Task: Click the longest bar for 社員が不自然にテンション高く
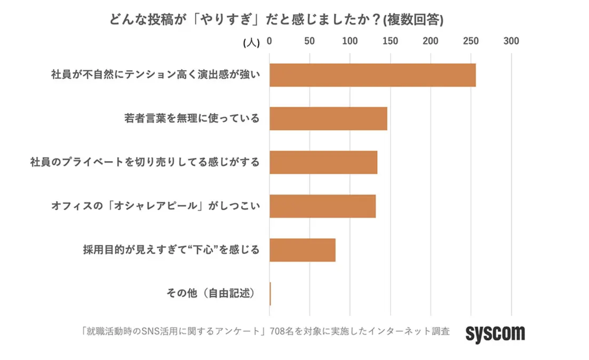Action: [x=372, y=75]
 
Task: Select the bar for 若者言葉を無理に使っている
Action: [x=328, y=119]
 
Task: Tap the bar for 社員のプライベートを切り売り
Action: [x=323, y=162]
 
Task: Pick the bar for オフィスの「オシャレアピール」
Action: [x=322, y=206]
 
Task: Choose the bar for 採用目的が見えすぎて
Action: [x=302, y=250]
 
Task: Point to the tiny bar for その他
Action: [x=270, y=294]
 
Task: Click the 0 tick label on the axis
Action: [x=269, y=41]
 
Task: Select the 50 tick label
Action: [x=310, y=41]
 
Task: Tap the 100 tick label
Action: [x=350, y=41]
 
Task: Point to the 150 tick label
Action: [x=390, y=41]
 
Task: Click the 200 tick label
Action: [x=431, y=41]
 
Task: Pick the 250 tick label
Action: [x=471, y=41]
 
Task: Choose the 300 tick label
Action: [x=512, y=41]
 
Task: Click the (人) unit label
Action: [x=252, y=42]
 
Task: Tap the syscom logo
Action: [x=495, y=333]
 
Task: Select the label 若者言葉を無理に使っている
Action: [x=192, y=118]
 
